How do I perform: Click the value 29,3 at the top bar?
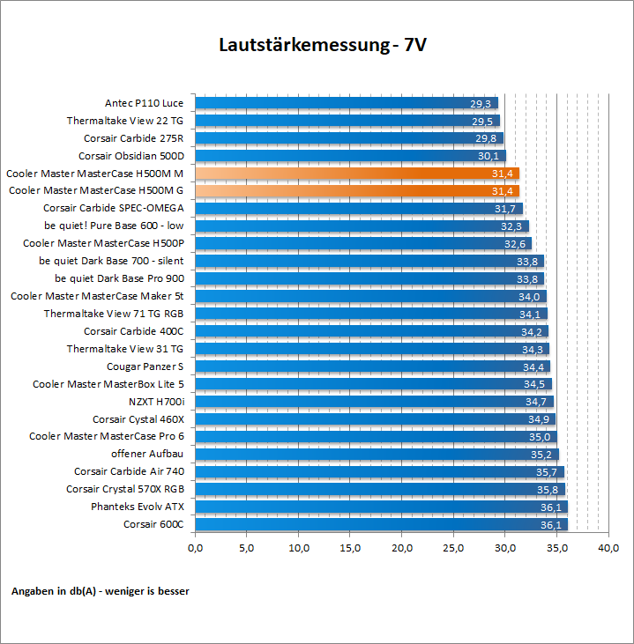[481, 103]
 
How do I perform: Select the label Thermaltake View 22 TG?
[125, 121]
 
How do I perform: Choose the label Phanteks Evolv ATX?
[138, 507]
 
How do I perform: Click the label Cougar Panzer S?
[145, 366]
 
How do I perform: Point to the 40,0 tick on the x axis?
[608, 549]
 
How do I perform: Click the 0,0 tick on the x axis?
[195, 549]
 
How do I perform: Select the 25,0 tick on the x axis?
[453, 549]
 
